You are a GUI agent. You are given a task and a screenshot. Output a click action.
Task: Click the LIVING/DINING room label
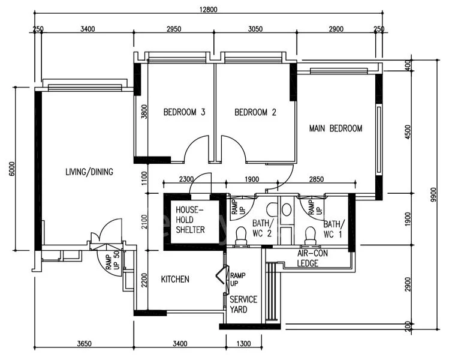coord(89,172)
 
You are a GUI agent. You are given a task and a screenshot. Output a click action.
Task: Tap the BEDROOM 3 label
coord(185,112)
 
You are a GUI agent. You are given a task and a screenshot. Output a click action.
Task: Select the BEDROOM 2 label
coord(255,112)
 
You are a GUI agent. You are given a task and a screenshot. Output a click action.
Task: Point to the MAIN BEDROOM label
coord(336,128)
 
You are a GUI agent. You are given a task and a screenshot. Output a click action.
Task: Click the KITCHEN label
coord(175,280)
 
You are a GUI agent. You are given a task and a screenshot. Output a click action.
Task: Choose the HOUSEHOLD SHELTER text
coord(190,220)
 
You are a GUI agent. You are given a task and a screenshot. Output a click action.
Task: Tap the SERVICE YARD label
coord(243,304)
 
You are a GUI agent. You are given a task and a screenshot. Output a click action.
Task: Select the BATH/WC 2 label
coord(262,228)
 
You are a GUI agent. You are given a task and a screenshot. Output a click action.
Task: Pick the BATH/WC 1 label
coord(333,228)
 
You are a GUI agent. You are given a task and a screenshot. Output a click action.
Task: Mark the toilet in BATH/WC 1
coord(310,236)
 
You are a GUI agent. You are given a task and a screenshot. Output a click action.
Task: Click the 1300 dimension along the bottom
coord(244,344)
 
